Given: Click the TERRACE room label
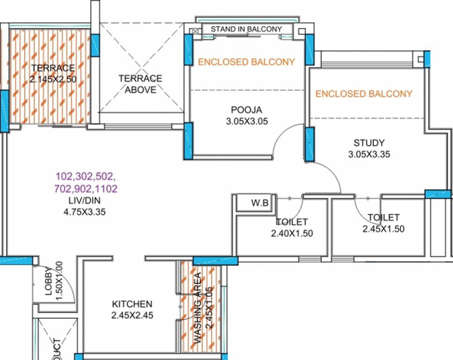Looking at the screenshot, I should [x=53, y=68].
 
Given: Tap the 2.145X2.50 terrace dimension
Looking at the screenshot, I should [x=53, y=79].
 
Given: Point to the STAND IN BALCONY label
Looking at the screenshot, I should [x=246, y=29].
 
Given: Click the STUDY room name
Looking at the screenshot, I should [x=369, y=143].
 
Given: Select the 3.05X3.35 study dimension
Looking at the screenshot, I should [x=369, y=154].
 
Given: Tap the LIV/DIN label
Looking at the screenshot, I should [x=85, y=201].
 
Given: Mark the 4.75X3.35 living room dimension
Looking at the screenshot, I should [x=85, y=211].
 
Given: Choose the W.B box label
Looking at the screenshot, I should [x=260, y=203].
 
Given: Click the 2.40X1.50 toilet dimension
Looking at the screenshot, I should [x=292, y=233].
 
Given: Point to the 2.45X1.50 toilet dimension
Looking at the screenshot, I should [x=383, y=229].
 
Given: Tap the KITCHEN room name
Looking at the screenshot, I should [x=132, y=304].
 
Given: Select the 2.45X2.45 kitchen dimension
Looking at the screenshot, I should [x=132, y=315].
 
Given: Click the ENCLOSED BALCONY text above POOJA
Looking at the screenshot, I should [x=246, y=61].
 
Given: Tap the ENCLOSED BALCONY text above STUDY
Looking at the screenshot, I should [x=364, y=94].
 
